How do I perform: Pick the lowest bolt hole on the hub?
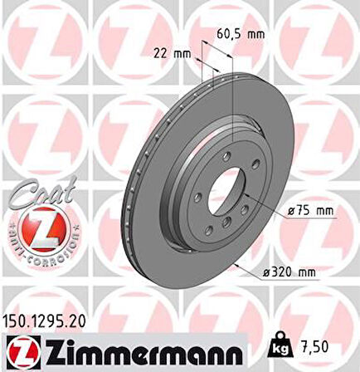[226, 230]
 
